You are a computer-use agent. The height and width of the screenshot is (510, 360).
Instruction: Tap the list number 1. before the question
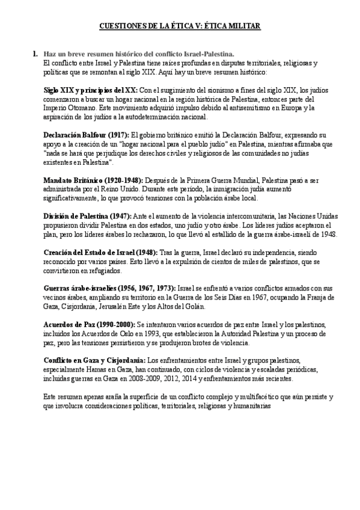coord(36,54)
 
